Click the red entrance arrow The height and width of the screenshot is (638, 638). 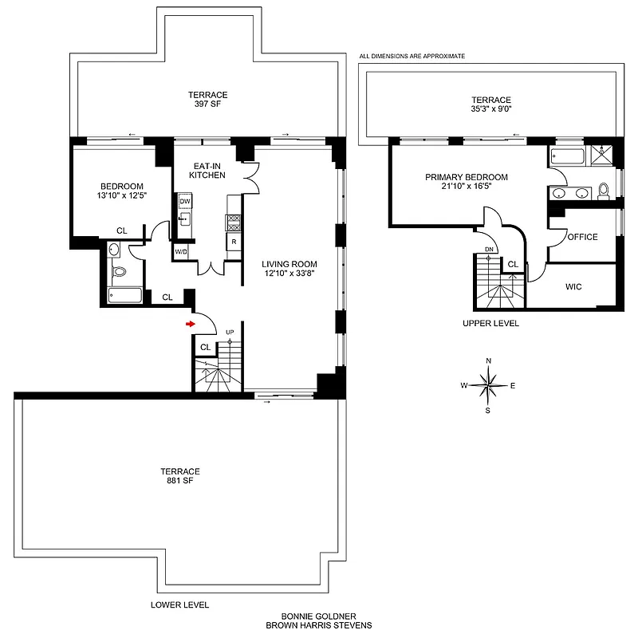pyautogui.click(x=190, y=324)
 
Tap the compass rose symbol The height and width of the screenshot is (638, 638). pyautogui.click(x=488, y=386)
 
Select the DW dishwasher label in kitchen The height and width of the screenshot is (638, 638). pyautogui.click(x=184, y=203)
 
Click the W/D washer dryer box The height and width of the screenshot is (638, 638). pyautogui.click(x=181, y=253)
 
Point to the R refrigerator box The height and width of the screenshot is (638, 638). pyautogui.click(x=234, y=241)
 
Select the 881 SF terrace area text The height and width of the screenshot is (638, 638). pyautogui.click(x=179, y=481)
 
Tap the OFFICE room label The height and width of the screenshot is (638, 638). pyautogui.click(x=582, y=237)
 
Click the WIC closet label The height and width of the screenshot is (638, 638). pyautogui.click(x=574, y=286)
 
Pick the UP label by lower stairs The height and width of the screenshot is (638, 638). pyautogui.click(x=230, y=332)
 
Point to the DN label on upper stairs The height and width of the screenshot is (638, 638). pyautogui.click(x=489, y=249)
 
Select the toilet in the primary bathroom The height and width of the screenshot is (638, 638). pyautogui.click(x=604, y=190)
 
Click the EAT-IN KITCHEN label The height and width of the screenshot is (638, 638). pyautogui.click(x=207, y=170)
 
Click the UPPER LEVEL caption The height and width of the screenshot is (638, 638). pyautogui.click(x=490, y=324)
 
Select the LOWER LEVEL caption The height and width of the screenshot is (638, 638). pyautogui.click(x=179, y=605)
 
